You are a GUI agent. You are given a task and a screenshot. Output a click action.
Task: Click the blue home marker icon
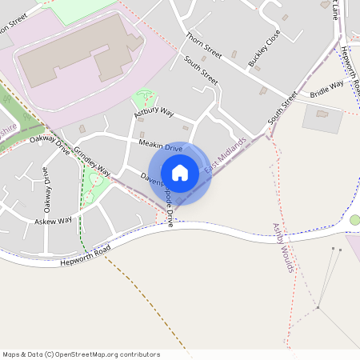[180, 173]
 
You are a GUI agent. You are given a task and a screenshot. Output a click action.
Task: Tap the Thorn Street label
[202, 46]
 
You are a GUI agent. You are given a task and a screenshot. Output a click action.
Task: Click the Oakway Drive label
[50, 144]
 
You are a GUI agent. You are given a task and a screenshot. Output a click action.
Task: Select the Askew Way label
[53, 220]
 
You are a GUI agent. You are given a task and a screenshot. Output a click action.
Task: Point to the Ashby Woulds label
[285, 247]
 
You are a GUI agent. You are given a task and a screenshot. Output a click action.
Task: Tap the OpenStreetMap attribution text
[81, 354]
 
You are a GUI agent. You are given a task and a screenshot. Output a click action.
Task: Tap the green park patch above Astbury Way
[145, 98]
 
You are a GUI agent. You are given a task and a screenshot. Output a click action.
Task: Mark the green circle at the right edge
[355, 220]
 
